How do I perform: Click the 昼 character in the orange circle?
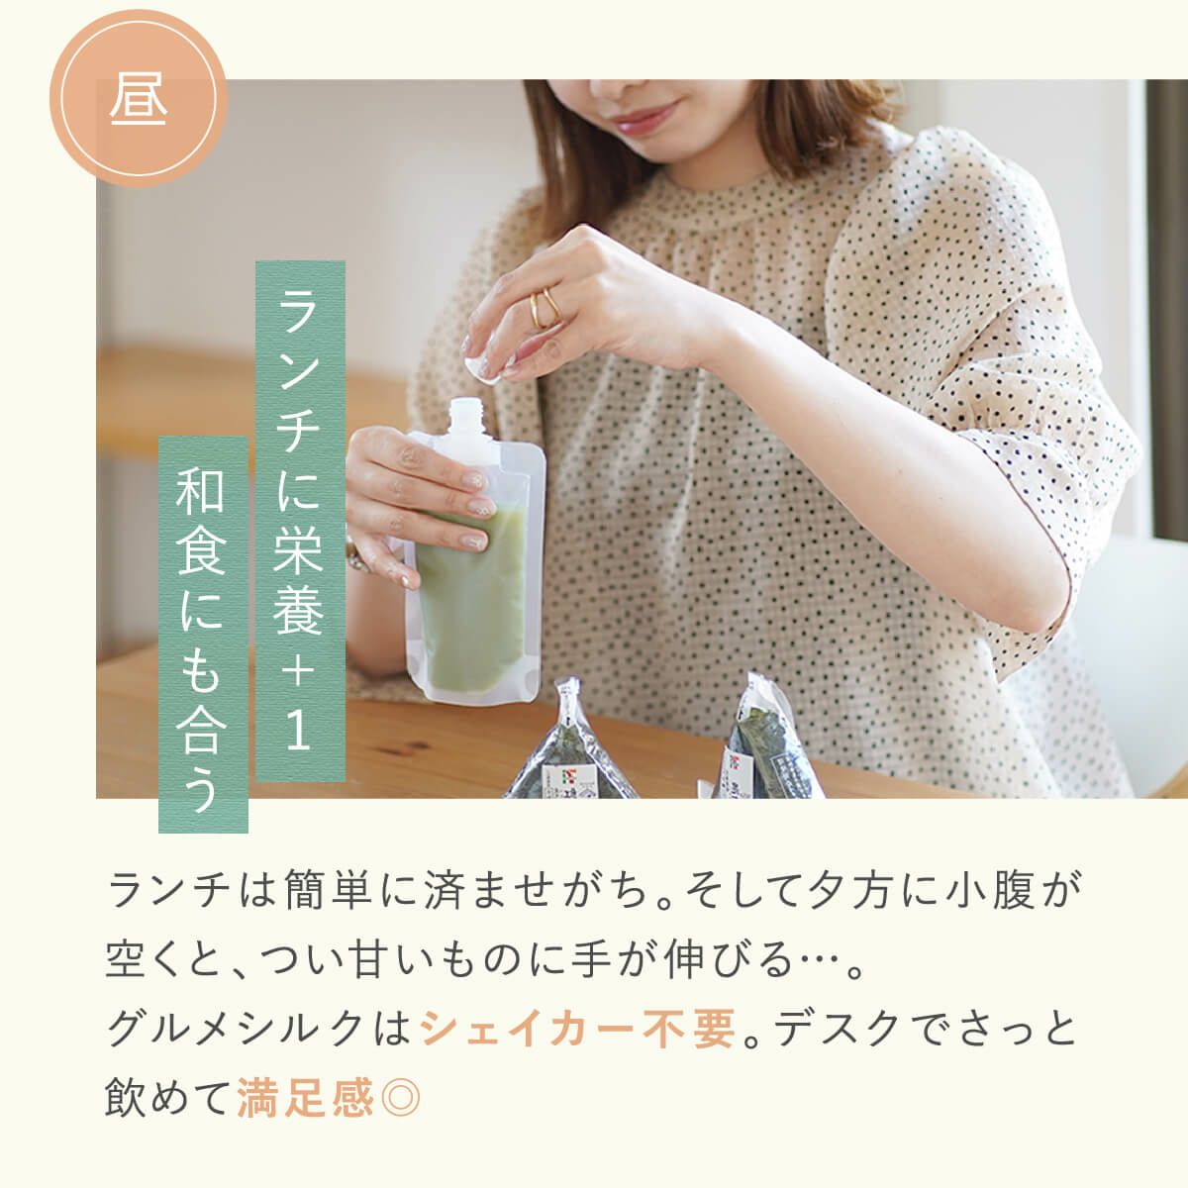tap(138, 99)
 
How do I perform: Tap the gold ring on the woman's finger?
tap(544, 308)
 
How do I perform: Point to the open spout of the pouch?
tap(466, 416)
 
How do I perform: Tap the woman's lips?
tap(643, 117)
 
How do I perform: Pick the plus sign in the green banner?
tap(300, 670)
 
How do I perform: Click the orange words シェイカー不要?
tap(578, 1028)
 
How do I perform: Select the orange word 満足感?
tap(306, 1097)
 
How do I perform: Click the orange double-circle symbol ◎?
tap(401, 1097)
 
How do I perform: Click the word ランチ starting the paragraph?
tap(169, 891)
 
